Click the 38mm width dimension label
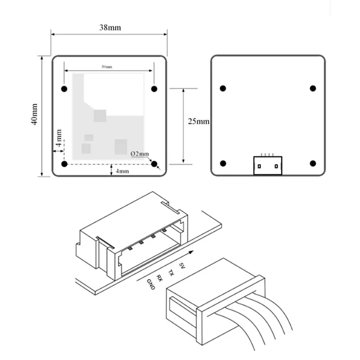pos(110,27)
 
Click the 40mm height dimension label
pos(35,115)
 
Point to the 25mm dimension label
pos(198,121)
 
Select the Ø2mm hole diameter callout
pos(139,154)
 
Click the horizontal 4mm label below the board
pos(122,171)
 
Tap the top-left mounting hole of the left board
pos(64,89)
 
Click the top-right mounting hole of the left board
pos(154,89)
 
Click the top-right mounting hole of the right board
pos(313,89)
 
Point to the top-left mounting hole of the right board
pos(223,89)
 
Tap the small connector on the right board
pos(268,165)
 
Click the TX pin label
pos(171,272)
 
